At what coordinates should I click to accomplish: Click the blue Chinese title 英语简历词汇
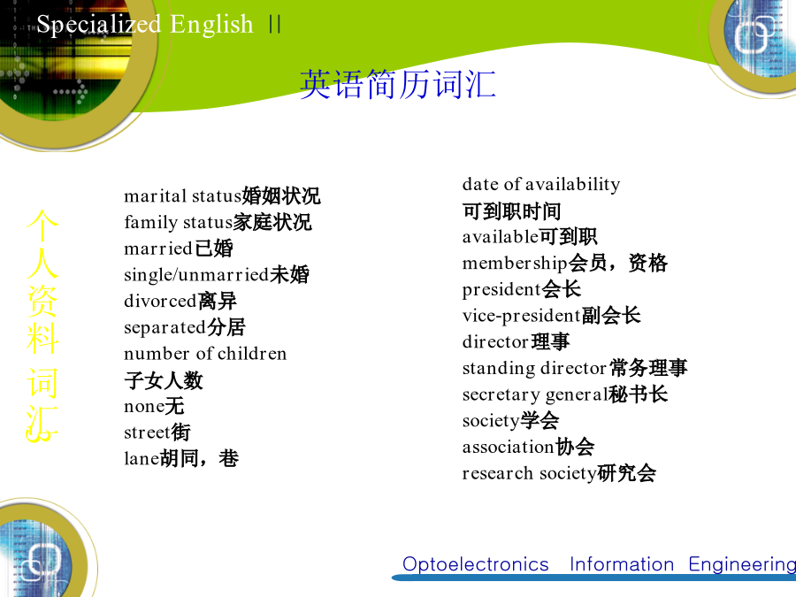[x=397, y=84]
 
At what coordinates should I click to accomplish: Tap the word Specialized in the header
[x=99, y=25]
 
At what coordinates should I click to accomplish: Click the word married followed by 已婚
[x=158, y=249]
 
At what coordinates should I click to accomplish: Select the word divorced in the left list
[x=160, y=301]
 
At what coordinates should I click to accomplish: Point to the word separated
[x=165, y=328]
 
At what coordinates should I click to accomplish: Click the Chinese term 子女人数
[x=164, y=380]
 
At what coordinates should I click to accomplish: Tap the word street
[x=147, y=432]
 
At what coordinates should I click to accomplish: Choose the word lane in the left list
[x=142, y=458]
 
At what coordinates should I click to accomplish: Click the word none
[x=144, y=407]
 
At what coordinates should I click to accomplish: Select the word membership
[x=515, y=263]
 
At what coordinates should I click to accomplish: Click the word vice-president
[x=521, y=316]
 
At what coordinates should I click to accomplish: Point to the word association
[x=508, y=447]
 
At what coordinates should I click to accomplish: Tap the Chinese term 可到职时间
[x=512, y=211]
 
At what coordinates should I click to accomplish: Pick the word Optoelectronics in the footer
[x=476, y=564]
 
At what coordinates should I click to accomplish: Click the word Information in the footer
[x=622, y=564]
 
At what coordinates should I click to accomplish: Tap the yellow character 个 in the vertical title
[x=42, y=226]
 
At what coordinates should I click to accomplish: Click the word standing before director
[x=499, y=369]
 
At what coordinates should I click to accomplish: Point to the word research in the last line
[x=497, y=473]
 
